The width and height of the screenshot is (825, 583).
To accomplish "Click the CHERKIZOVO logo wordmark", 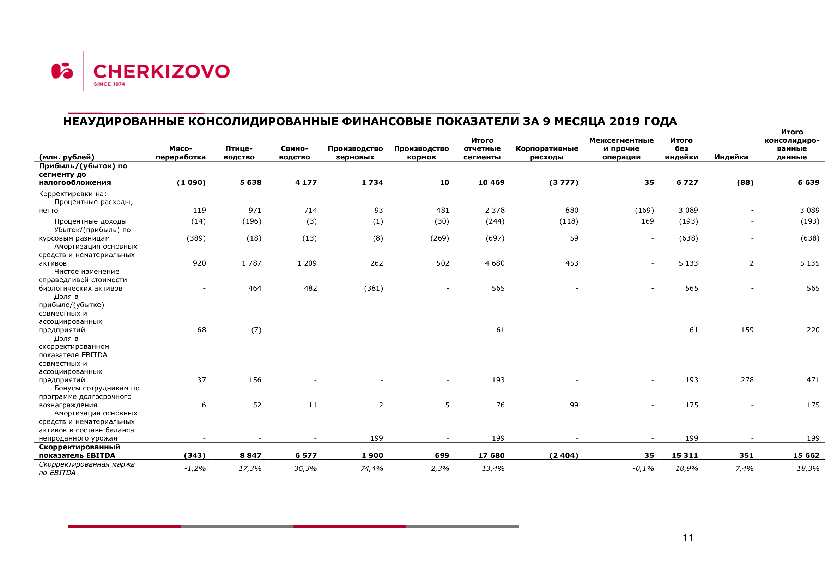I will click(161, 72).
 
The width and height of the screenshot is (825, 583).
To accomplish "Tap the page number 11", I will click(688, 538).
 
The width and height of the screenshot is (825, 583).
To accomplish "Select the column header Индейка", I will click(731, 157).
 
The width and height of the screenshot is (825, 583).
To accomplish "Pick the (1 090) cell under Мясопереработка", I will click(191, 182).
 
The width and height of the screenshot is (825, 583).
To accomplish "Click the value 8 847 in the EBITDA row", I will click(250, 455).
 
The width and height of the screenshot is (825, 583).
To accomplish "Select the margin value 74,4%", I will click(371, 468).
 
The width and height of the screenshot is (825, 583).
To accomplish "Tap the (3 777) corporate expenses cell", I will click(563, 182).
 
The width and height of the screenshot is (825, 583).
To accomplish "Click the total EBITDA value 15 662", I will click(806, 455).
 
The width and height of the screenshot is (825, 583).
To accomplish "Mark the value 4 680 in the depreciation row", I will click(495, 263).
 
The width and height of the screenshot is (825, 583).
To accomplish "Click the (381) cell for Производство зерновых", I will click(373, 289).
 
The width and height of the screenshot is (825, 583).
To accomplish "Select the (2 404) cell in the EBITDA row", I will click(563, 455).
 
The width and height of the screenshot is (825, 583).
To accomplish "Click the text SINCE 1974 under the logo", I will click(109, 84).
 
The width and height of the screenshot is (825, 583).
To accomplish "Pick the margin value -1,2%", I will click(194, 468).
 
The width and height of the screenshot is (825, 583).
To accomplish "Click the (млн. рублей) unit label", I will click(66, 157).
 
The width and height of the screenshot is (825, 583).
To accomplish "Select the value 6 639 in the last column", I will click(808, 182).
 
